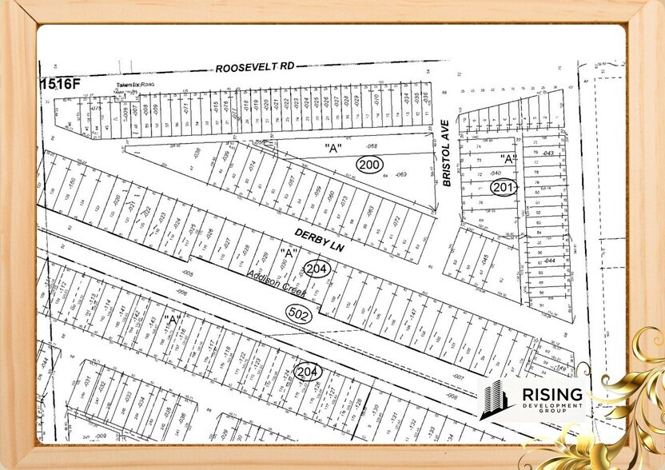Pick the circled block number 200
368,163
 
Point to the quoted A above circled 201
505,158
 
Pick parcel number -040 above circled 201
496,173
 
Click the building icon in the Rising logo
494,400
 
